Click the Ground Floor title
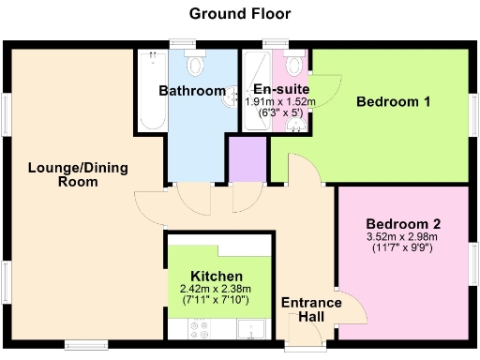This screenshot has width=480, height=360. [240, 13]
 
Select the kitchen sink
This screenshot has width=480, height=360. [250, 328]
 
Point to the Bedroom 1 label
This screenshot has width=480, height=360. [393, 102]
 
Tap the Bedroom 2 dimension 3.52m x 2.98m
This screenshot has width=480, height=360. [402, 237]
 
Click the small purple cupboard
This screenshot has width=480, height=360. [248, 159]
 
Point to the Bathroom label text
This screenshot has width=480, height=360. [191, 91]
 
